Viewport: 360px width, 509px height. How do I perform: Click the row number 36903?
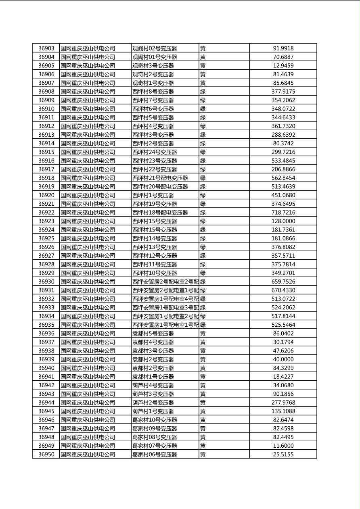46,48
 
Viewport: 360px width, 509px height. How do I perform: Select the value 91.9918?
283,48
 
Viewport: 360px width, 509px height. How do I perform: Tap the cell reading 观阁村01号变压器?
155,57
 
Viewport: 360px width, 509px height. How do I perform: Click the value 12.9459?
283,66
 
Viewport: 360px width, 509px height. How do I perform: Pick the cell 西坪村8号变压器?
153,92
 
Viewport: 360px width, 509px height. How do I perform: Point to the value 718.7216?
283,213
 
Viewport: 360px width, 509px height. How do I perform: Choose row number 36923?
46,221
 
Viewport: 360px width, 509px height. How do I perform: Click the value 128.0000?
283,221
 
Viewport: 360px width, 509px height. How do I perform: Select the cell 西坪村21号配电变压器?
160,178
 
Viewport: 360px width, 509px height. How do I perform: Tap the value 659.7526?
283,282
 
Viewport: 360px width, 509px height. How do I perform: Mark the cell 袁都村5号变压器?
153,334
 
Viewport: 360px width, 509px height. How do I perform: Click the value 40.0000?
283,359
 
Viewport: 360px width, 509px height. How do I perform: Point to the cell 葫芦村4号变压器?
153,385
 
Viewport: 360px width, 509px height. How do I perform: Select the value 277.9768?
283,403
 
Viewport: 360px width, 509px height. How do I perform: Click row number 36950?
46,455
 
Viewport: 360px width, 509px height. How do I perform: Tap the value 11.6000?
283,446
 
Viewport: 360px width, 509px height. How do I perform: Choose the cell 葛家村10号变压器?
155,420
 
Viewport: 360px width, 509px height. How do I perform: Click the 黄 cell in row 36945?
203,411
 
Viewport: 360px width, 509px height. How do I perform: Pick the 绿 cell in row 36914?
203,144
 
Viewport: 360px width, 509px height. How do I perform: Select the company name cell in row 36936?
88,334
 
